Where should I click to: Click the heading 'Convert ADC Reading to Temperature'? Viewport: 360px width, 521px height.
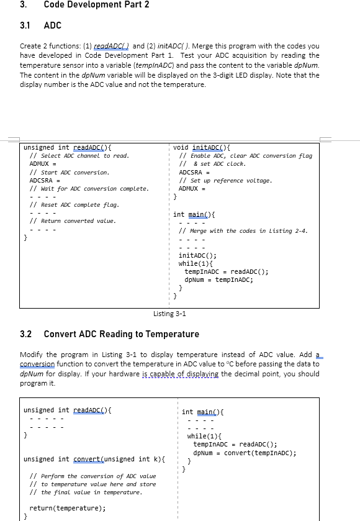click(122, 334)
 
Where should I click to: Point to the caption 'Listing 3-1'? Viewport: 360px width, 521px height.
click(169, 314)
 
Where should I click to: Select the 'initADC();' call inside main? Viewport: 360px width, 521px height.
click(197, 255)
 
